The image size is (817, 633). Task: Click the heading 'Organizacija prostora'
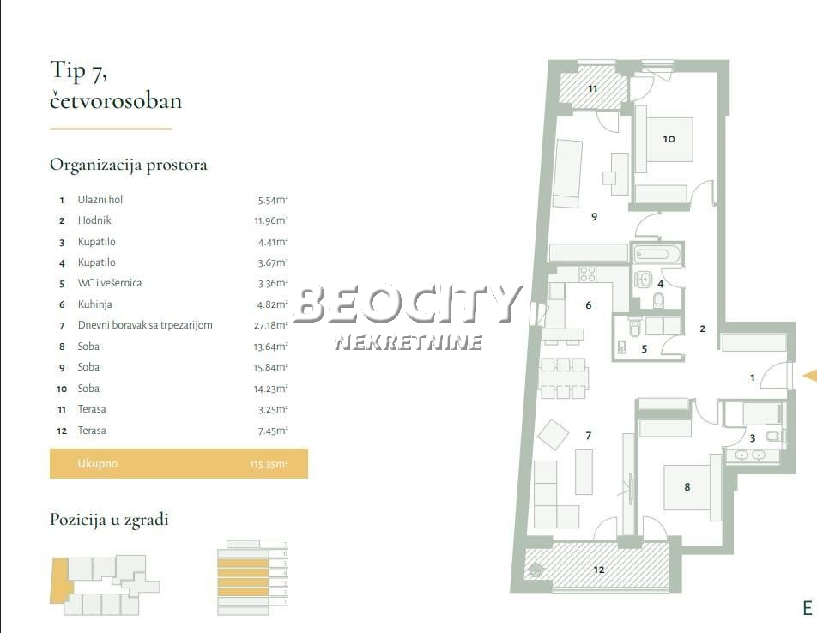[128, 165]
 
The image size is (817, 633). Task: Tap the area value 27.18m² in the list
[273, 325]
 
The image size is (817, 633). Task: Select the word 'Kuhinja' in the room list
[94, 304]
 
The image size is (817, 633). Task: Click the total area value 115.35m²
[269, 465]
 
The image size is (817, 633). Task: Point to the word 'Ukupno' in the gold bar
[97, 464]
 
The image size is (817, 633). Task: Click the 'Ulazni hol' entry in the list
[100, 200]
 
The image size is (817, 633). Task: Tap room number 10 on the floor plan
[669, 138]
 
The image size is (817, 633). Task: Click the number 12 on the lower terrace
[598, 569]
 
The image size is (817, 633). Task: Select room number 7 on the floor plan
[589, 436]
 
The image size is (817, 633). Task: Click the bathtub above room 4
[657, 255]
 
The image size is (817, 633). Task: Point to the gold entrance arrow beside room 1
[808, 375]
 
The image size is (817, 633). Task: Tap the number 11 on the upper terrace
[592, 88]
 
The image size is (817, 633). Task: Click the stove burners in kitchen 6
[587, 274]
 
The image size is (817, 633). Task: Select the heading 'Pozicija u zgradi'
[109, 520]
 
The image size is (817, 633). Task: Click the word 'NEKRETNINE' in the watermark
[408, 342]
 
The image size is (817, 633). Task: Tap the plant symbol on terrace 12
[536, 568]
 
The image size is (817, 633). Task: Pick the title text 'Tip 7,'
[78, 71]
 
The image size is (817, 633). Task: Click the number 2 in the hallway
[702, 329]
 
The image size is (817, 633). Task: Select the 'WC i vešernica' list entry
[109, 283]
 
